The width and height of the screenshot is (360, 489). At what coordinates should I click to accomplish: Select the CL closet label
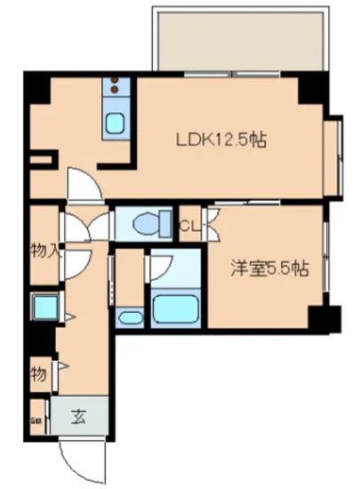click(x=190, y=226)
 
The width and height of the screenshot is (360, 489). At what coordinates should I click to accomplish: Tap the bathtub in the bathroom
click(x=173, y=308)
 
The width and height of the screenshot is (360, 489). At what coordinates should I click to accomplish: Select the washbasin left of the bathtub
click(x=130, y=318)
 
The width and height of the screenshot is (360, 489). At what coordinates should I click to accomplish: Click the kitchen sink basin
click(x=116, y=123)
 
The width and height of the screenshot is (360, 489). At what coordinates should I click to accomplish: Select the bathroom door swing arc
click(x=163, y=264)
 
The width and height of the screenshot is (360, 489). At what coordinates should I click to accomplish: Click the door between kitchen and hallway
click(x=84, y=186)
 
